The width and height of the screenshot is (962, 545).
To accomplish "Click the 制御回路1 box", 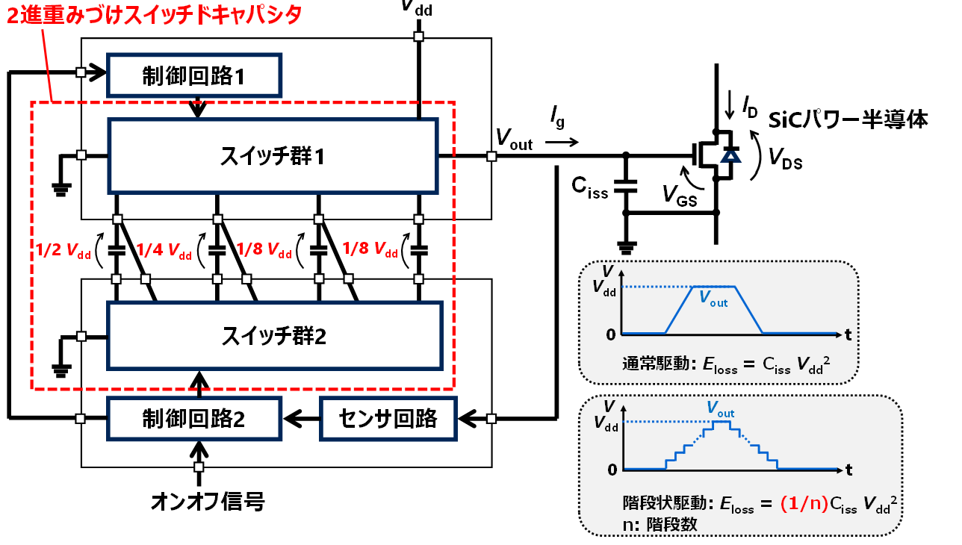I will click(194, 75).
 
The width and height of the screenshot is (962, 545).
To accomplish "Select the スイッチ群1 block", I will click(273, 157).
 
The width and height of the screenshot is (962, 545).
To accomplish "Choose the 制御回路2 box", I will click(194, 419).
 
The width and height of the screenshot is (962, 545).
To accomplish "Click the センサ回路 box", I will click(388, 419).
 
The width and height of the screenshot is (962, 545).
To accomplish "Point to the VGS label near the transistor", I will click(677, 195).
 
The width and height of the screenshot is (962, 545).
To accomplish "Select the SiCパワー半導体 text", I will click(848, 119).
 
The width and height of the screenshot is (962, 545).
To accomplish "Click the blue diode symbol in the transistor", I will click(730, 155).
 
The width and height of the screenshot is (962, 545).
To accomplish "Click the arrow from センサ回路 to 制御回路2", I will click(302, 419).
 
